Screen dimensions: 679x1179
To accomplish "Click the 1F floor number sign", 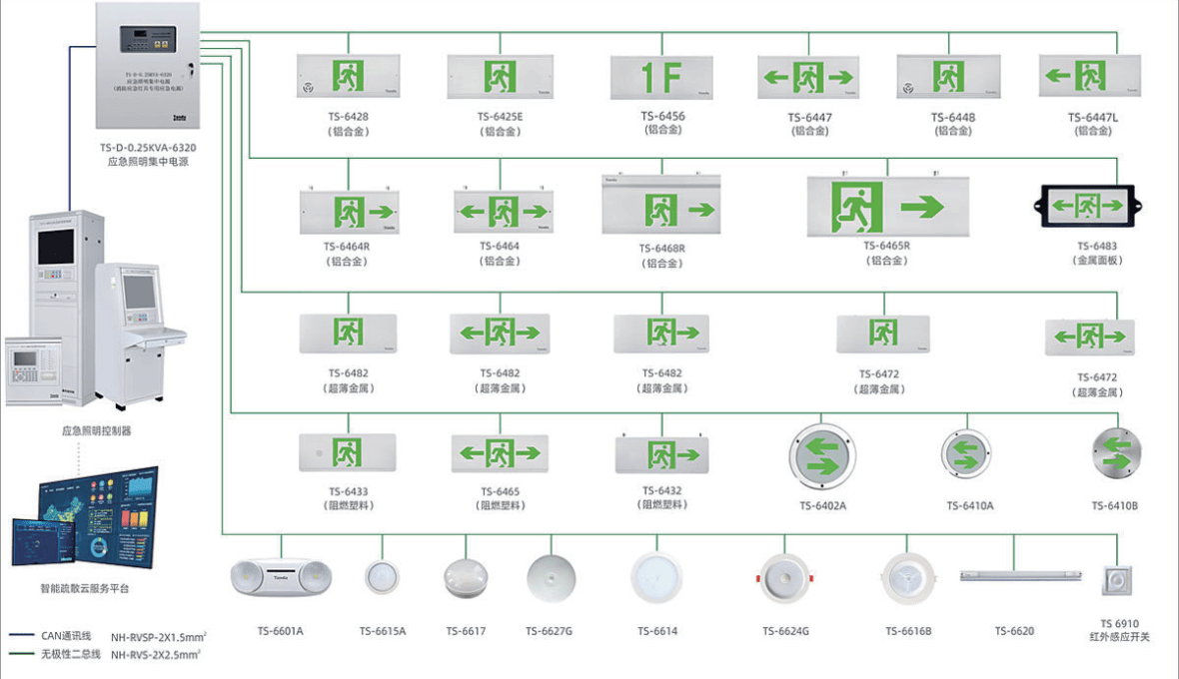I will pos(660,77).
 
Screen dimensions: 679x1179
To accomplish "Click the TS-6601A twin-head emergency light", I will pos(281,577).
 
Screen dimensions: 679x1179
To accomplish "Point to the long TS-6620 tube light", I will pos(1013,575).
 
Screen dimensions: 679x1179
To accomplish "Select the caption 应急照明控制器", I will pos(96,430).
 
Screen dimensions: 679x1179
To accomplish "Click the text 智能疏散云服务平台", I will pos(84,588).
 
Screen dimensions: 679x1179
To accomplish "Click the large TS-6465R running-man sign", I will pos(888,208).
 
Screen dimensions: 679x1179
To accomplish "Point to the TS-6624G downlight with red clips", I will pos(784,578).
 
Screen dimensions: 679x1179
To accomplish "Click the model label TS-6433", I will pos(348,491).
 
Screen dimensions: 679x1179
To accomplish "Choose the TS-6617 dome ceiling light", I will pos(466,578).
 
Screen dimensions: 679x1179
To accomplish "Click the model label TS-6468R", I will pos(661,248).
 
